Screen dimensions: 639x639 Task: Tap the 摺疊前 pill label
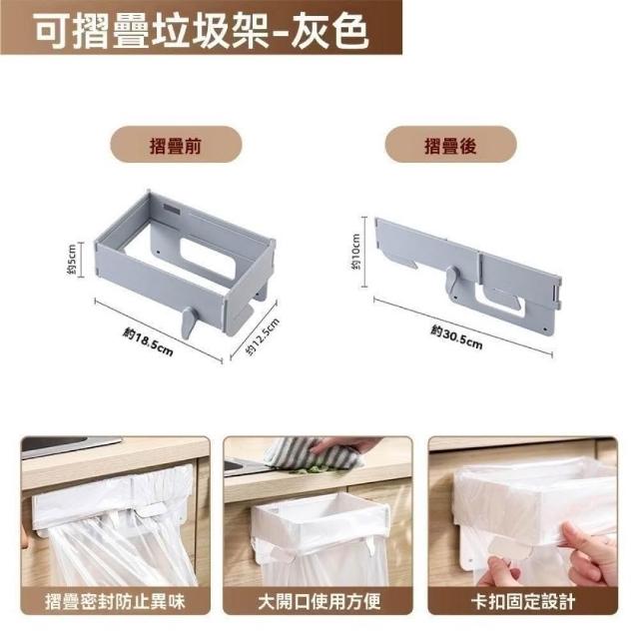coord(176,146)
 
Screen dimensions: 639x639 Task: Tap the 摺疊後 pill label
coord(450,146)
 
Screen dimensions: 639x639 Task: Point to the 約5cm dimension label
coord(72,260)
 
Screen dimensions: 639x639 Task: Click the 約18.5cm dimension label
coord(148,341)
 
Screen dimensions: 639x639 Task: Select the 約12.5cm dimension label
coord(263,336)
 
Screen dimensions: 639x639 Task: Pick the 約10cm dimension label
coord(355,252)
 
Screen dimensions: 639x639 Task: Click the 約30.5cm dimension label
coord(457,337)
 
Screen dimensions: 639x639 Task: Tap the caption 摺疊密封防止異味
coord(115,601)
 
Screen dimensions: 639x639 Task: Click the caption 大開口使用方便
coord(319,601)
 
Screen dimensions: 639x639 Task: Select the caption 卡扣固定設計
coord(523,601)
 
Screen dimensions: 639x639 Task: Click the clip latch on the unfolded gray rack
coord(189,321)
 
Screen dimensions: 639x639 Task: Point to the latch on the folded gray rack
coord(452,282)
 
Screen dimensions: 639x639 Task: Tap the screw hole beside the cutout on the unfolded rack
coord(158,252)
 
